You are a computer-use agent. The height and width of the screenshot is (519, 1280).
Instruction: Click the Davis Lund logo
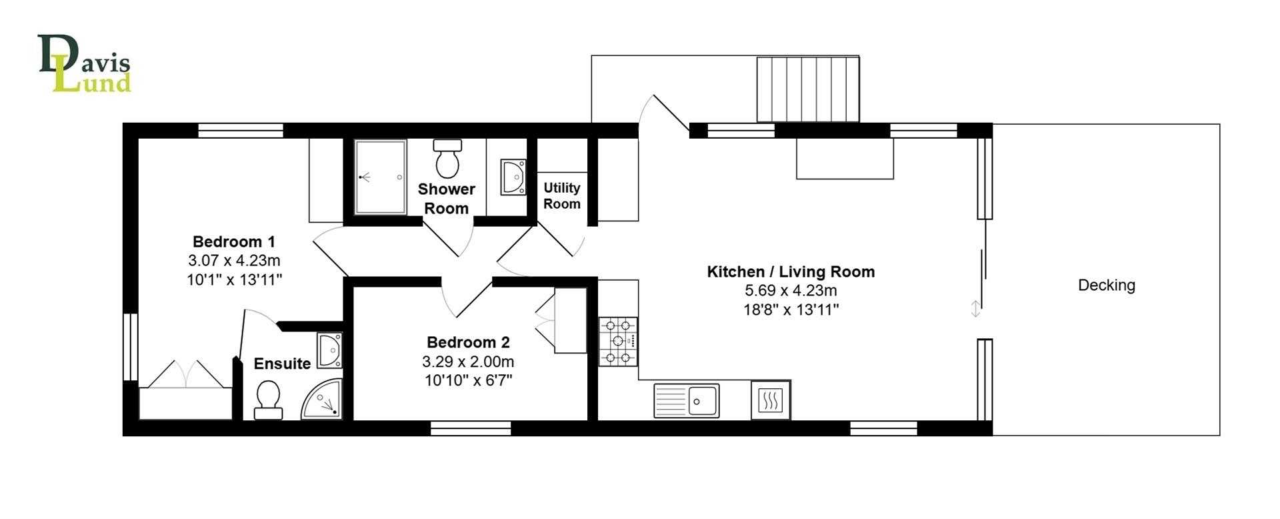[85, 64]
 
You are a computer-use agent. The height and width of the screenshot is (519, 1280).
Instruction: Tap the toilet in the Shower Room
[447, 159]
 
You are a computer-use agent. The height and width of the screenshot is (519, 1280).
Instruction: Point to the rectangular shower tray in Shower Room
[380, 177]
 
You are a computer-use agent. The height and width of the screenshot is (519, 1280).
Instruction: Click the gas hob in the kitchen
[618, 341]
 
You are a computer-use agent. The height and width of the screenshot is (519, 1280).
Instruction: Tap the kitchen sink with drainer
[686, 400]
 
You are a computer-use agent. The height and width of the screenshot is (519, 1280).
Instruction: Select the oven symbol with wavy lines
[770, 400]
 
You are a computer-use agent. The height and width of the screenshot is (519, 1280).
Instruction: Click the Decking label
[1106, 286]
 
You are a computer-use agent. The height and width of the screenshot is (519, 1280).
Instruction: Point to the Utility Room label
[561, 196]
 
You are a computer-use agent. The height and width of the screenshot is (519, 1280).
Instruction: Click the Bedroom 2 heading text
[468, 342]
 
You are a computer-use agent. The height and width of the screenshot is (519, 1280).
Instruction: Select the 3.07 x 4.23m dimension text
[234, 261]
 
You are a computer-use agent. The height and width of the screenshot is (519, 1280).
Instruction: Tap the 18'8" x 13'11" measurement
[791, 310]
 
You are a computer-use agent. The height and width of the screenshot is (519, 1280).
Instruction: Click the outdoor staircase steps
[807, 89]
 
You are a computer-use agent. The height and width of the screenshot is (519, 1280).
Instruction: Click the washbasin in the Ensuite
[329, 350]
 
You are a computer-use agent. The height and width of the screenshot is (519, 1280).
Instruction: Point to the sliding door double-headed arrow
[975, 309]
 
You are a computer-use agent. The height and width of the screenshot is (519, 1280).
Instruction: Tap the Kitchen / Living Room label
[791, 272]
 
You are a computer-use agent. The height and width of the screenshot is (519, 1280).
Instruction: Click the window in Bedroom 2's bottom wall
[471, 428]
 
